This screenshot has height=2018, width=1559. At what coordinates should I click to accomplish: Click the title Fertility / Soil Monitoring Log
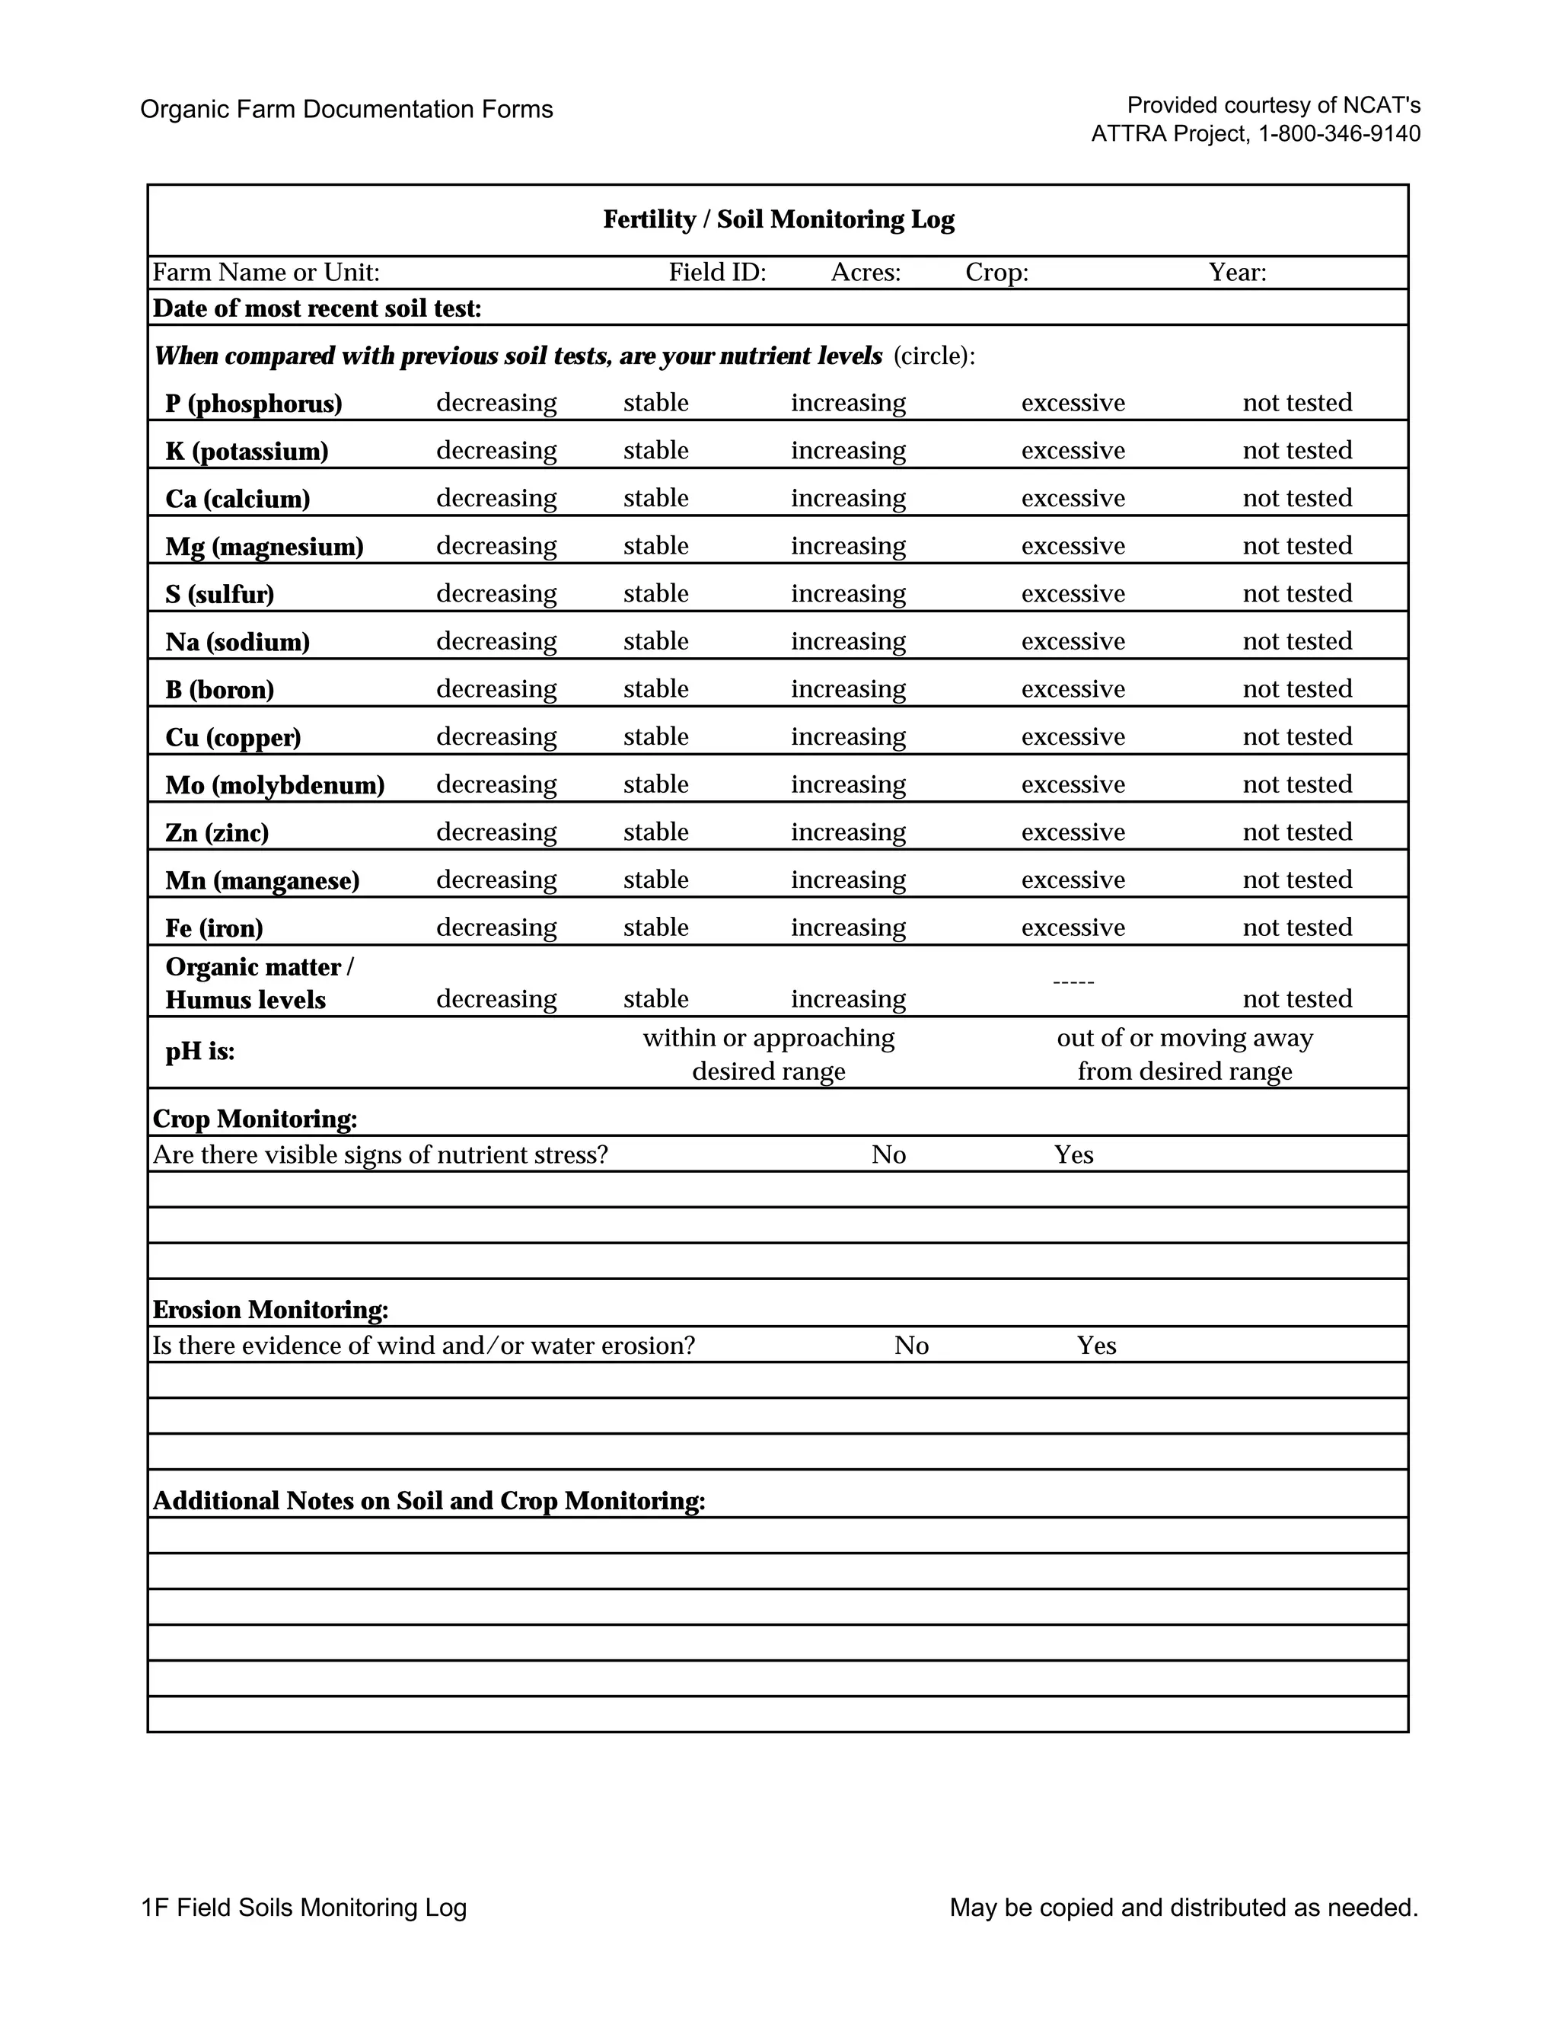(779, 220)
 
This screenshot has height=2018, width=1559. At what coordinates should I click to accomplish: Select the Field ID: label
(718, 273)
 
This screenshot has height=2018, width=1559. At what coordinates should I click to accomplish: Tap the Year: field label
(1238, 273)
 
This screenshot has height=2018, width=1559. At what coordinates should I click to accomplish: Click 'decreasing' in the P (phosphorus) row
(496, 403)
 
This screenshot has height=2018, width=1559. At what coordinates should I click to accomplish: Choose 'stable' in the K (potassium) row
(655, 451)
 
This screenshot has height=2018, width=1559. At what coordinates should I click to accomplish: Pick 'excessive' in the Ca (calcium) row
(1073, 498)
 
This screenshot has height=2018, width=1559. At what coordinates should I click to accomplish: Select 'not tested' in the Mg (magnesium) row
(1296, 546)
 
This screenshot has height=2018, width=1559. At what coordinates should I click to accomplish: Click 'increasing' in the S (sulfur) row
(848, 593)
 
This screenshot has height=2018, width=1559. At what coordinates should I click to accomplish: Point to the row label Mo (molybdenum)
(274, 785)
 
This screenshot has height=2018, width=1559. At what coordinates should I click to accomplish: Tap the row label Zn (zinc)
(217, 833)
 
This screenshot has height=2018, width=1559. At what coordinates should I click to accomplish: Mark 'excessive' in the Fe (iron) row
(1073, 928)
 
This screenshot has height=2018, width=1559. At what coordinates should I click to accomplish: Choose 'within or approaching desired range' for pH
(768, 1054)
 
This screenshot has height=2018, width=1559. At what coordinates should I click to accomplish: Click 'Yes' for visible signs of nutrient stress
(1073, 1155)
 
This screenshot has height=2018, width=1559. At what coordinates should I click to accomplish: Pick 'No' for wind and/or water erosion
(910, 1346)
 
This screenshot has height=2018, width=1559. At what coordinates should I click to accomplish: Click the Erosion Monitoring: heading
(269, 1311)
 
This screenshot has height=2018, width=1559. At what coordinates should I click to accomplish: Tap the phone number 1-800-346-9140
(1339, 134)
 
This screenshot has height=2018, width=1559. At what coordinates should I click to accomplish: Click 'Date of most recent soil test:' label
(317, 308)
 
